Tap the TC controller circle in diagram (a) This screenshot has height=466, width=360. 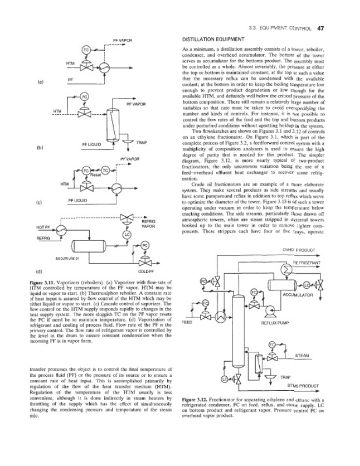click(86, 50)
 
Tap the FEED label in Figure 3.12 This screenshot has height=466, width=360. click(188, 322)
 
